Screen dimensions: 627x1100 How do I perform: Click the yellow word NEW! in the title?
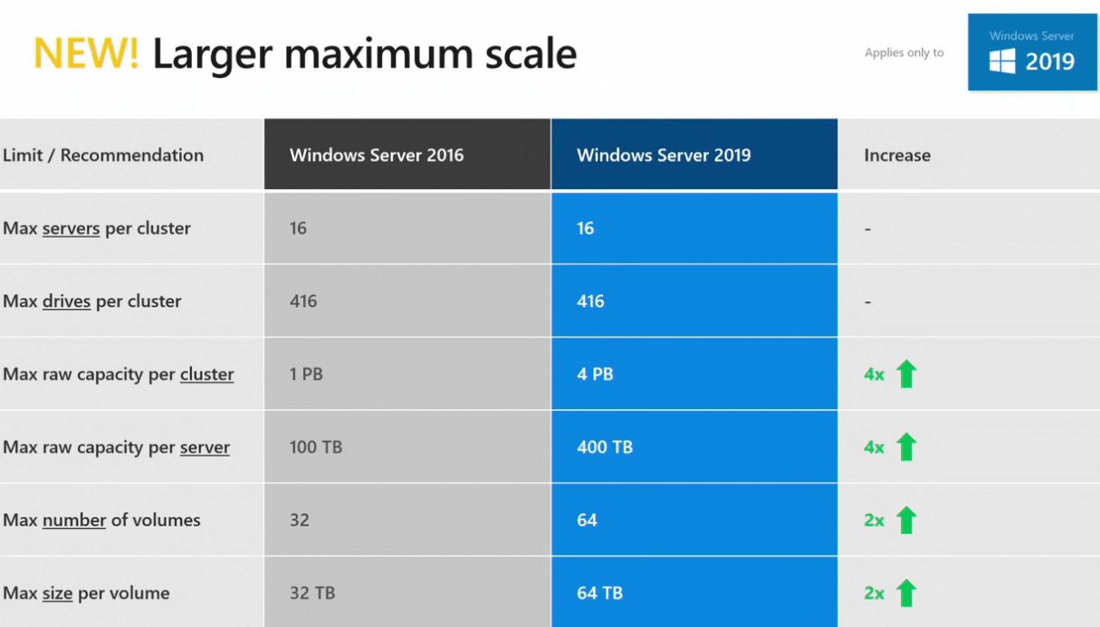(87, 54)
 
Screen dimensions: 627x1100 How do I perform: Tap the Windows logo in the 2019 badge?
(1002, 62)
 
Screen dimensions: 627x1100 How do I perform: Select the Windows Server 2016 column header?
(377, 155)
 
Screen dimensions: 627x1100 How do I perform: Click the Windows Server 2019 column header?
(664, 155)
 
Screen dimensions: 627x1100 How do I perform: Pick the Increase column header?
(897, 155)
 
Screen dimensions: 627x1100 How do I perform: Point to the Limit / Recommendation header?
(103, 155)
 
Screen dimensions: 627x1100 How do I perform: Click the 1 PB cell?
(306, 374)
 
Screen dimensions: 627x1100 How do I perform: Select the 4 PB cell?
(595, 374)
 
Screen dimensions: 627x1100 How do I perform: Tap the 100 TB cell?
(316, 447)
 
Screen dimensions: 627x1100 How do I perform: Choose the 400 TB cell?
(605, 447)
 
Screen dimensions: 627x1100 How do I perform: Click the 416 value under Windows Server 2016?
(303, 301)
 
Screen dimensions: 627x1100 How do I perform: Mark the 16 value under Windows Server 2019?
(586, 228)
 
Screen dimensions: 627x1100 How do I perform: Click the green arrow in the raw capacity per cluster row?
(905, 373)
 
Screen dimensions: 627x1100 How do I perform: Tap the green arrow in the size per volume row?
(905, 593)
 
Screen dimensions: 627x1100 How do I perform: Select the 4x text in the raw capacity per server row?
(874, 447)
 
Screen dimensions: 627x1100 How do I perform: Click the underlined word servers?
(71, 228)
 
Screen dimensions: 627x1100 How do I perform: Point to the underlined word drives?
(66, 301)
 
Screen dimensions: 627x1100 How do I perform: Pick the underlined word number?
(74, 520)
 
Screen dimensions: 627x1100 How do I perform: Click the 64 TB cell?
(599, 594)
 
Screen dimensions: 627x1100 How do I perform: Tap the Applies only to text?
(904, 52)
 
